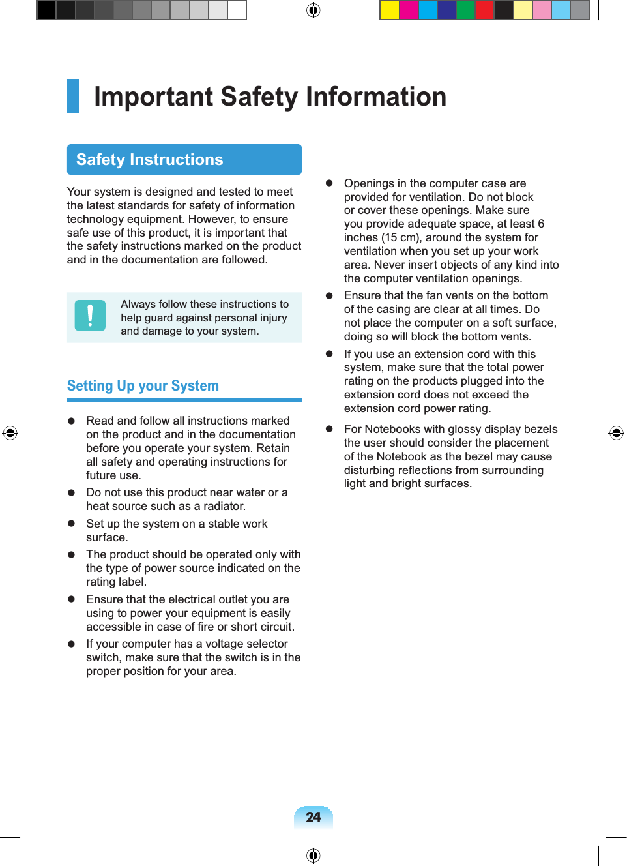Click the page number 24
coord(313,817)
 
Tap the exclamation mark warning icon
coord(90,316)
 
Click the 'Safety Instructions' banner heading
coord(149,160)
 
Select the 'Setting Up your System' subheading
coord(143,386)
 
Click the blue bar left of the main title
coord(73,96)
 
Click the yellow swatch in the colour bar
coord(390,10)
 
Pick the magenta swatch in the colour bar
coord(409,10)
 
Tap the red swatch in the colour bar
coord(484,10)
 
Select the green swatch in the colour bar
coord(465,10)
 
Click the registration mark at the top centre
coord(313,10)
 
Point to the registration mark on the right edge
coord(616,433)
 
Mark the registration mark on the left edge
coord(10,433)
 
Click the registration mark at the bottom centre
coord(313,855)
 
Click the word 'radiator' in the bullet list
coord(224,507)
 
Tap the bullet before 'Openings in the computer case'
coord(330,184)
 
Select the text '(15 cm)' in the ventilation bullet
coord(401,238)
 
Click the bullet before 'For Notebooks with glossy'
coord(330,429)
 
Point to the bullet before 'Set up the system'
coord(72,524)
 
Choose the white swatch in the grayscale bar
coord(237,10)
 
